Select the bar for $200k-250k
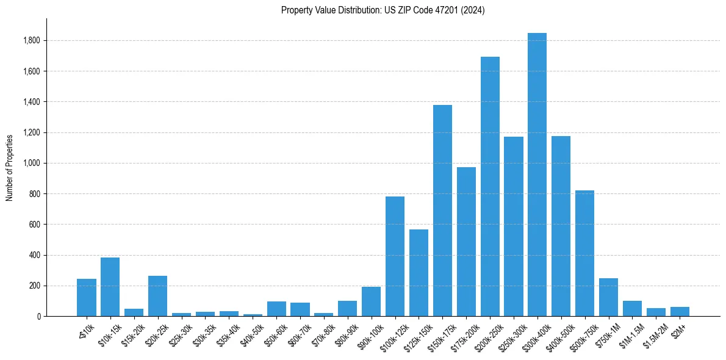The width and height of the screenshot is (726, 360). [490, 186]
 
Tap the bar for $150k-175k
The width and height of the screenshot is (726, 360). [442, 211]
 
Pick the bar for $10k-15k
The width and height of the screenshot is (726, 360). [110, 287]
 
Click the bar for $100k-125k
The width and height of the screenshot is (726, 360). [395, 256]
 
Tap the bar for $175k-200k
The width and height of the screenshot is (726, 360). [466, 242]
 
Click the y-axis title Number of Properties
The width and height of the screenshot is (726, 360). [10, 167]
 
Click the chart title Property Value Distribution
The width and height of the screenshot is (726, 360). [383, 10]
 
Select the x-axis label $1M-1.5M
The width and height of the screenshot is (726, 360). [630, 333]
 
